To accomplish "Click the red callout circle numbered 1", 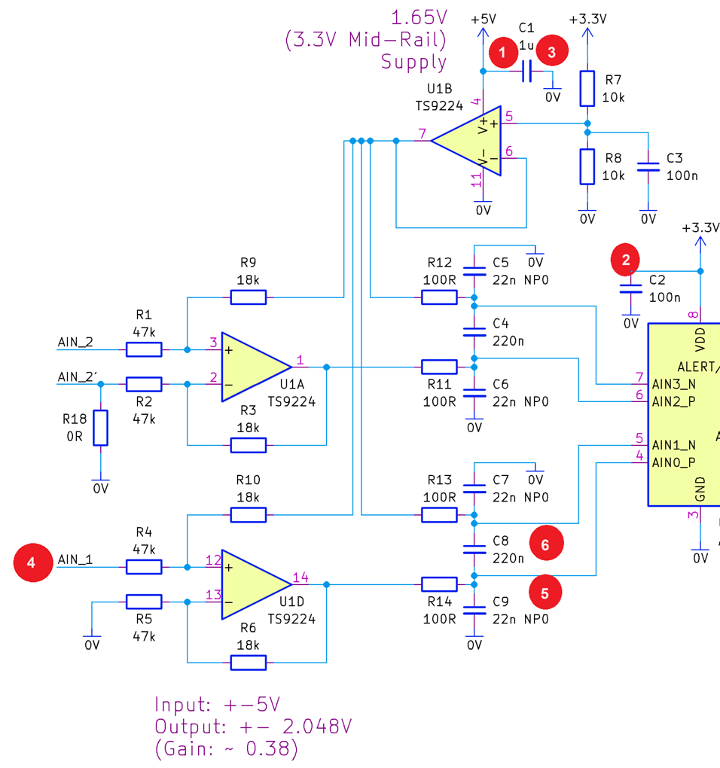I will [x=502, y=52].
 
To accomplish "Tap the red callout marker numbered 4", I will [x=31, y=562].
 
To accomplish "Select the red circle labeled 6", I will [x=546, y=544].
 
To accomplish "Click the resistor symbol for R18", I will [x=100, y=428].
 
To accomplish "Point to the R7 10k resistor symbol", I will [x=587, y=89].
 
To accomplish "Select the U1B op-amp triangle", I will [x=468, y=141].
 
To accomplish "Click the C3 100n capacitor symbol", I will [x=648, y=166].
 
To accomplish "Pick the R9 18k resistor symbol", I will [x=248, y=297].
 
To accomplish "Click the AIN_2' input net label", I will [x=76, y=376].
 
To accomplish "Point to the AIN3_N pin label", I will [x=674, y=385].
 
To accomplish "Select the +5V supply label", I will [x=483, y=19].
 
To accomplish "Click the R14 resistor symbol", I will [x=439, y=584].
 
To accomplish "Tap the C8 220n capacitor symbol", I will [x=474, y=550].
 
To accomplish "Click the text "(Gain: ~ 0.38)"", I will [x=227, y=749].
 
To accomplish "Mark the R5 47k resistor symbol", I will [x=144, y=602].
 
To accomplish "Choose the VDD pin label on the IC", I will [x=701, y=340].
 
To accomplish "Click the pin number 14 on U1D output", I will [x=301, y=578].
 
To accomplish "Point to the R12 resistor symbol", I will [x=439, y=297].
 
